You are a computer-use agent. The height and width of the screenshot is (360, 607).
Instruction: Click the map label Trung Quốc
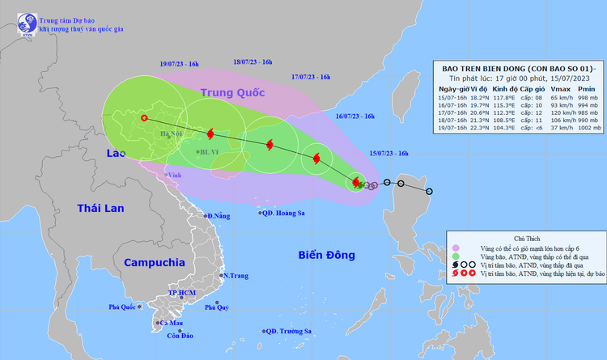pos(234,93)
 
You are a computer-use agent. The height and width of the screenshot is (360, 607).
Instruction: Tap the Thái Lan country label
pos(100,209)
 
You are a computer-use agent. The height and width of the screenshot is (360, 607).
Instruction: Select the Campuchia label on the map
pos(155,263)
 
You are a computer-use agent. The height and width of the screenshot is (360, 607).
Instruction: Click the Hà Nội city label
pos(171,134)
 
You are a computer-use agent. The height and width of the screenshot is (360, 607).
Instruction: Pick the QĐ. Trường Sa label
pos(291,331)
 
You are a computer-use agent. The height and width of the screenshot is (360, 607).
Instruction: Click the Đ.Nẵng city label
pos(218,216)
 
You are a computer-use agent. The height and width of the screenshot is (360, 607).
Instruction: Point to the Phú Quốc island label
pos(125,307)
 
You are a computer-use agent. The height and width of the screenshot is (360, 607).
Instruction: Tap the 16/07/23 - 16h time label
pos(354,116)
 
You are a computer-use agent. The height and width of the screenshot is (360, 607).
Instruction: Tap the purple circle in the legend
pos(457,249)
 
